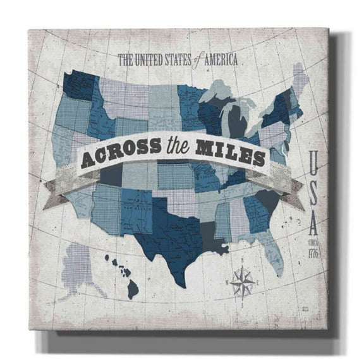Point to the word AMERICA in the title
(x=218, y=61)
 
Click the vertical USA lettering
(x=313, y=189)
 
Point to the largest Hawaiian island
(x=132, y=289)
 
